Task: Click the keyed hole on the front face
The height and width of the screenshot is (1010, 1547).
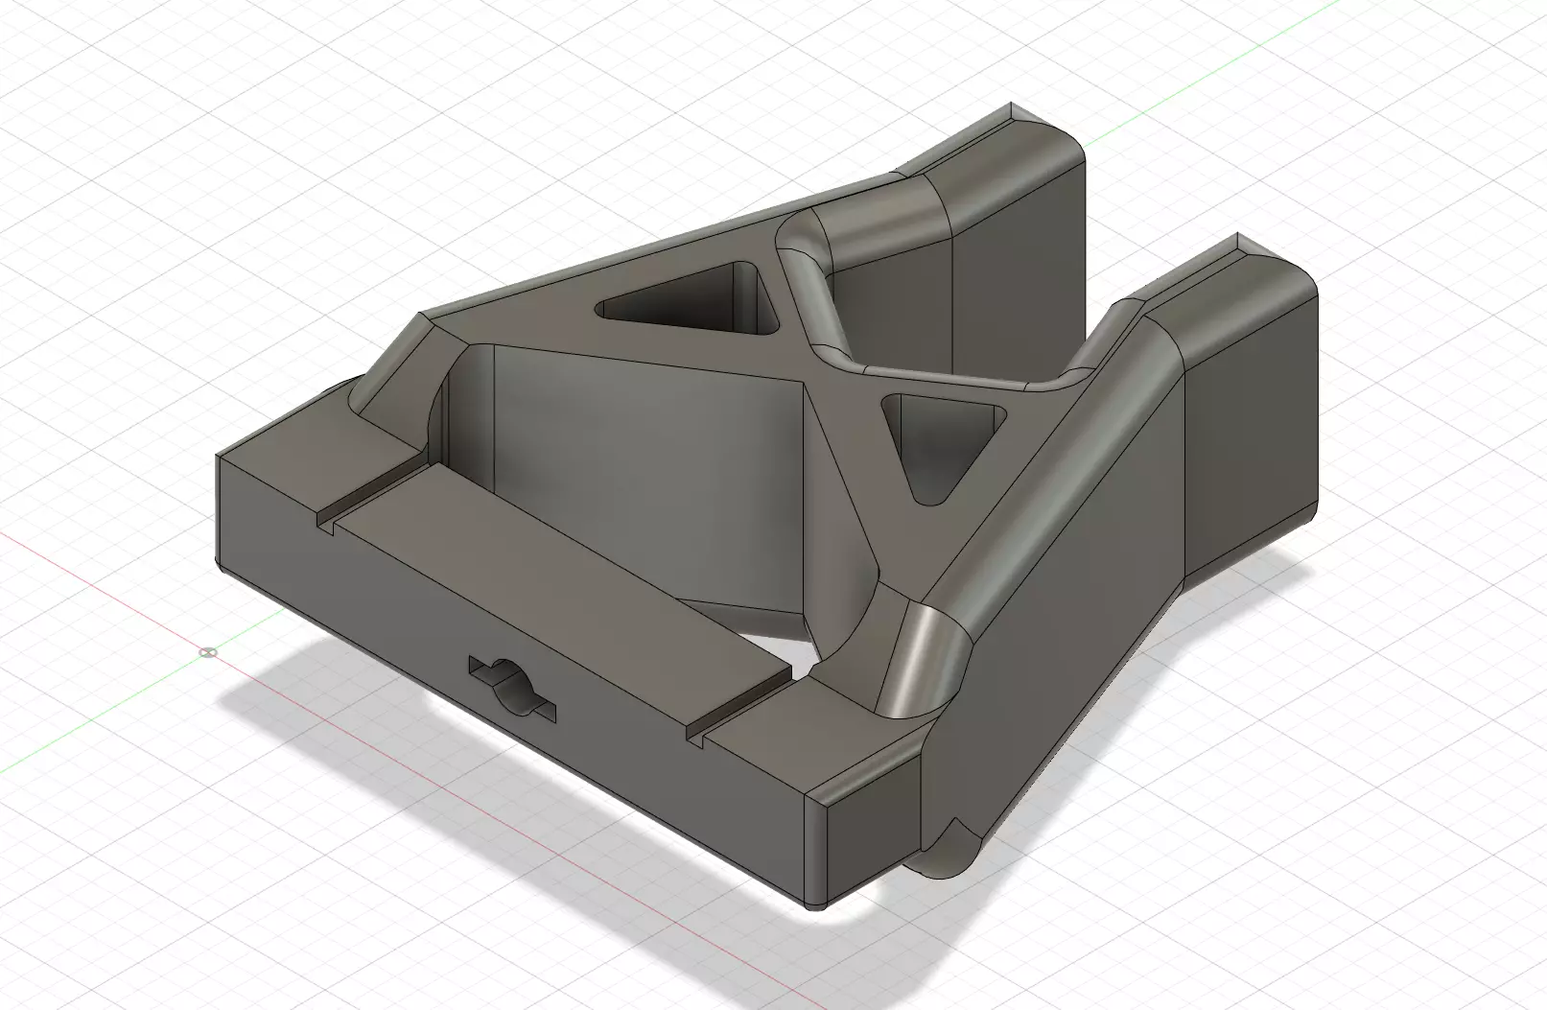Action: [x=512, y=687]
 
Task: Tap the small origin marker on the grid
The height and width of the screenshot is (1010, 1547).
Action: [x=207, y=652]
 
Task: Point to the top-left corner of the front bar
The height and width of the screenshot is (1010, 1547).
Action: [x=222, y=458]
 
